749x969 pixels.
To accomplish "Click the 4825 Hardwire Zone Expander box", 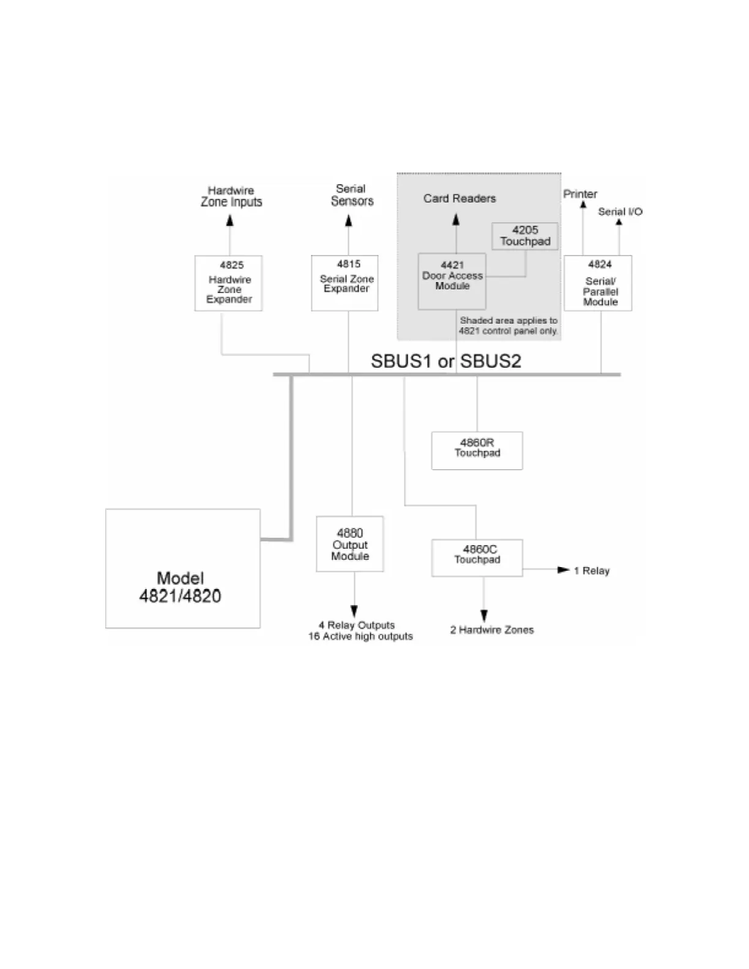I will tap(228, 283).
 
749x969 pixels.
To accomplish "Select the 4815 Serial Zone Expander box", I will tap(345, 283).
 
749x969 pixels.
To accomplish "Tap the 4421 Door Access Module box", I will tap(452, 281).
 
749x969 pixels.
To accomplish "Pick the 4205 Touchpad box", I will tap(525, 236).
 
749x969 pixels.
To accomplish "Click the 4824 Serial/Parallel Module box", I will tap(598, 283).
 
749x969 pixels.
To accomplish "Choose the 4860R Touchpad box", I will tap(477, 450).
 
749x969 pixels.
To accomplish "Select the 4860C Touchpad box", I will tap(477, 557).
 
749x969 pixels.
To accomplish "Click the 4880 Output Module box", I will tap(349, 544).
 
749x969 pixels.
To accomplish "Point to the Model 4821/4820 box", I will tap(182, 568).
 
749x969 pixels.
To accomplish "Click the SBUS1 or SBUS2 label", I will tap(445, 361).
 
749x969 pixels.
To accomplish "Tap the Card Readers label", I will tap(460, 198).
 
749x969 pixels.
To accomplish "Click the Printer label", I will tap(580, 194).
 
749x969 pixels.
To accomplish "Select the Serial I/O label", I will tap(620, 212).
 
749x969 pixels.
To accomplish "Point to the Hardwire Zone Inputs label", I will tap(231, 196).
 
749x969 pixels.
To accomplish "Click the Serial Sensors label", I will tap(351, 195).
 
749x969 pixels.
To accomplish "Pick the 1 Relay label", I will tap(592, 571).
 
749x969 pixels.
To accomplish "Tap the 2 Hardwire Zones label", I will tap(492, 630).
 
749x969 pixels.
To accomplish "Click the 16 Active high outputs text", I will tap(360, 637).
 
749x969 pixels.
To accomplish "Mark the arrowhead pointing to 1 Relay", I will tap(564, 570).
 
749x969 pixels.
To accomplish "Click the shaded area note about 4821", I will tap(509, 325).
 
